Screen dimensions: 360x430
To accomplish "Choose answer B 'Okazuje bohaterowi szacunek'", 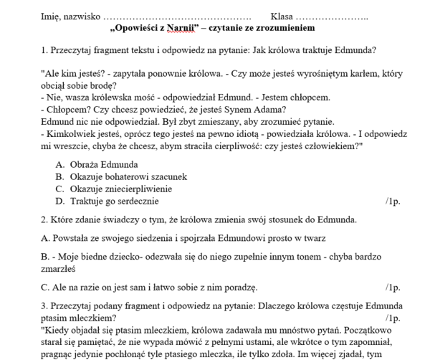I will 128,176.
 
